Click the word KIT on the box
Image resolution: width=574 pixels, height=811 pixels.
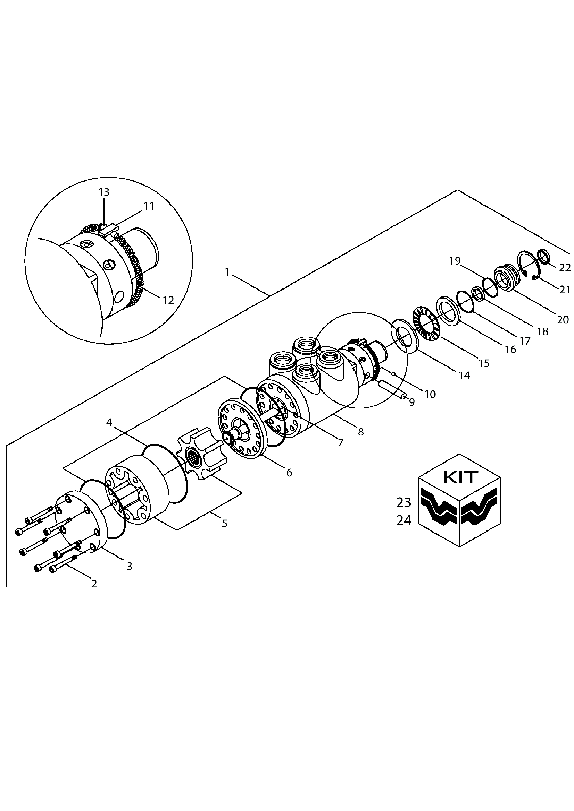tap(460, 478)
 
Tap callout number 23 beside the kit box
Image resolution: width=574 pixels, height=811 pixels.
tap(404, 502)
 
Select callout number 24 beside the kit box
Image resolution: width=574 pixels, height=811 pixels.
tap(404, 520)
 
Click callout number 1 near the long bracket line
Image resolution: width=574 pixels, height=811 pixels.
tap(227, 272)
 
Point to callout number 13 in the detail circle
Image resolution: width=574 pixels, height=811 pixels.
tap(103, 192)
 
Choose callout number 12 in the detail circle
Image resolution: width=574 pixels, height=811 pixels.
tap(168, 300)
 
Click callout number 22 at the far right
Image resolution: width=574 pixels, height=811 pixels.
tap(565, 268)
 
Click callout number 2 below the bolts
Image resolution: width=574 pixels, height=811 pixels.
tap(94, 584)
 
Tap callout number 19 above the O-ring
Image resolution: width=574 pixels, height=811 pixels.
tap(455, 261)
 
